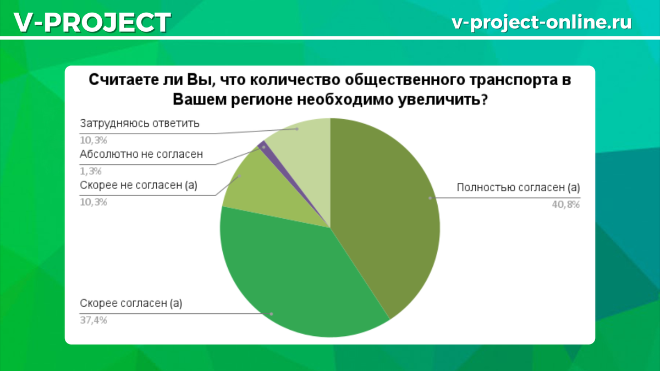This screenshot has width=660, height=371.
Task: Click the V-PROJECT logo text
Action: point(92,22)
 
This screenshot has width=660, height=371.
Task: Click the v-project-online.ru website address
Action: point(542,22)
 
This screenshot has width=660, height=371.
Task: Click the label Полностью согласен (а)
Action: point(518,187)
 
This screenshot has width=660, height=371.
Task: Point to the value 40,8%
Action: point(566,204)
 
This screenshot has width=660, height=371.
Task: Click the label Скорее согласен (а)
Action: point(131,303)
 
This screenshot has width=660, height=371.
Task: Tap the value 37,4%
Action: point(94,320)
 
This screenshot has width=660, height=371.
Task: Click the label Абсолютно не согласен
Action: point(141,154)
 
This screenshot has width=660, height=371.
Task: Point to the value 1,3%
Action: point(91,171)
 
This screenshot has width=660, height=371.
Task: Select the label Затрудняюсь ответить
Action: point(140,123)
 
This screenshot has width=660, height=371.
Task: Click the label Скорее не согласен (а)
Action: point(139,185)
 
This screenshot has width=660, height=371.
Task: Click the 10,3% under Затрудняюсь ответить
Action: point(94,140)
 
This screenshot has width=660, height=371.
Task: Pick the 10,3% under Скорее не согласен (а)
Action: point(94,202)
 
